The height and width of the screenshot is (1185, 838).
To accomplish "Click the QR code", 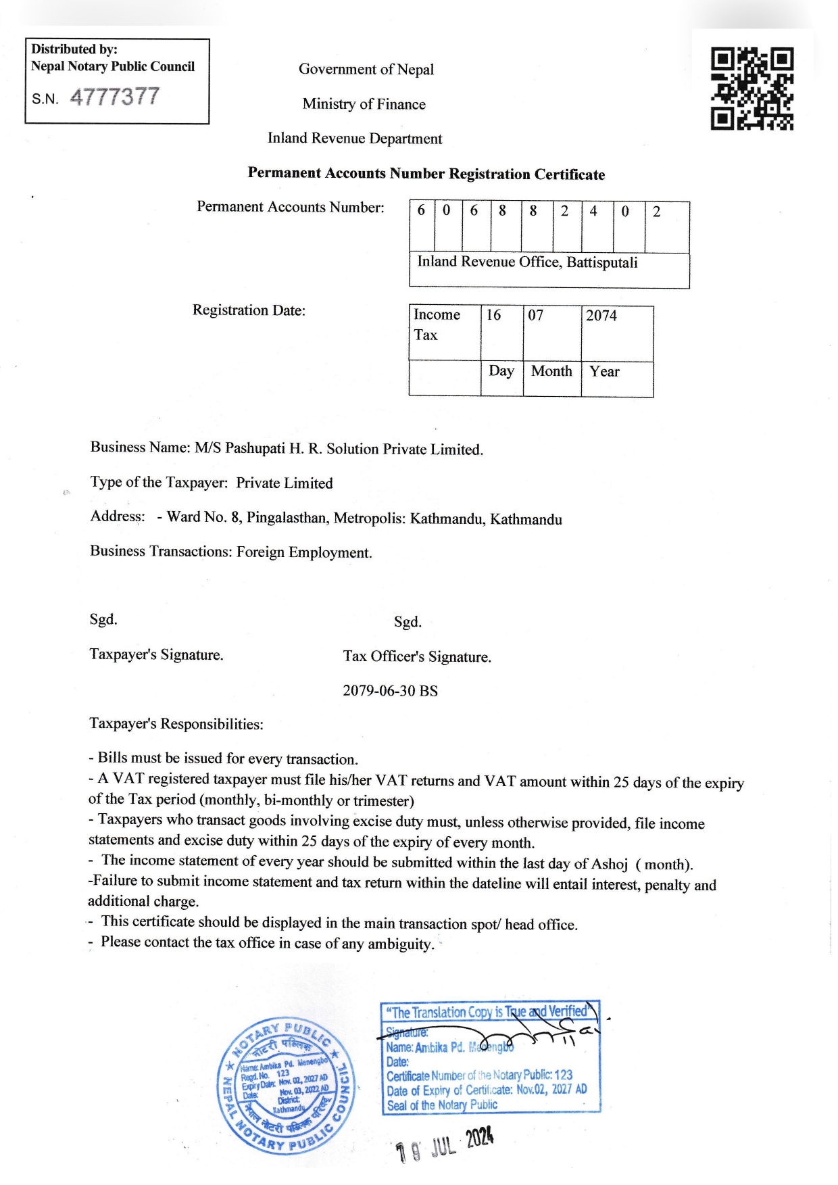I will pos(752,89).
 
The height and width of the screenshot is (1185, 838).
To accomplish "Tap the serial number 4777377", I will pos(114,97).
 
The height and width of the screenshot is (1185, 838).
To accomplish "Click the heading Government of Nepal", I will pos(366,69).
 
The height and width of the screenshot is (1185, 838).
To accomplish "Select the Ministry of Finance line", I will pos(364,104).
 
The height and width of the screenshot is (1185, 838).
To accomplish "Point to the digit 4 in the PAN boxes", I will pos(593,211).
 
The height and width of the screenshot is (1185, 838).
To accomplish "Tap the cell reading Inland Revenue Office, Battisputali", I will pos(528,262).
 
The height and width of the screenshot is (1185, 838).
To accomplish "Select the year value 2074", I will pos(601,316).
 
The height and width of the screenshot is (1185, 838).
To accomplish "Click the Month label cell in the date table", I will pos(551,371).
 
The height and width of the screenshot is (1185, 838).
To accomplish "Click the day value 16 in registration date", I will pos(494,315).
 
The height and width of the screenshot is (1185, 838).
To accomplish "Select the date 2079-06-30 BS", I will pos(390,691).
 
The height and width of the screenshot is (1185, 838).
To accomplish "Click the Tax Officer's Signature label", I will pos(417,656).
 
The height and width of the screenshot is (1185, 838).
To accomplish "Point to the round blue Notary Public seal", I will pos(287,1085).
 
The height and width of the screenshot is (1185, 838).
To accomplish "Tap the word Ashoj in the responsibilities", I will pos(610,864).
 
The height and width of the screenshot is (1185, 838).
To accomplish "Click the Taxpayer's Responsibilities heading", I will pos(176,724).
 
